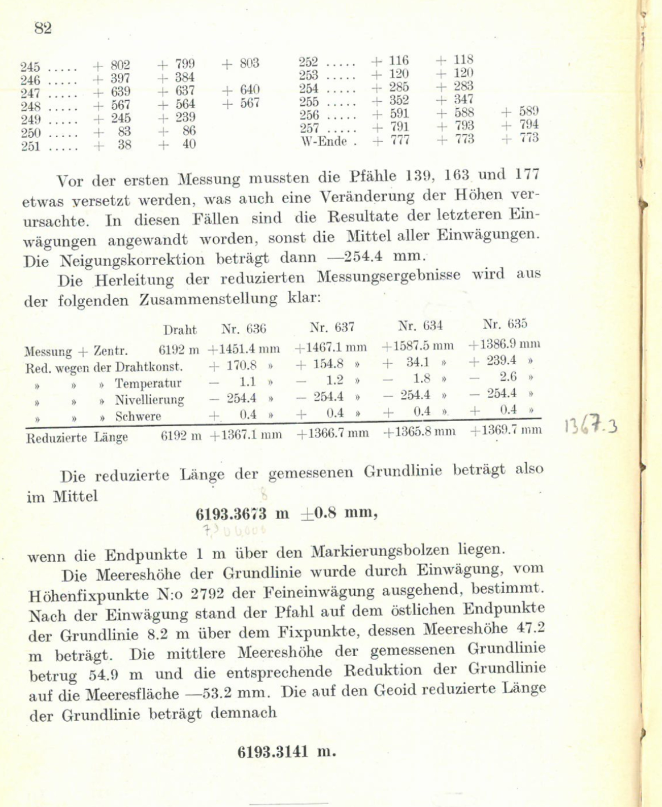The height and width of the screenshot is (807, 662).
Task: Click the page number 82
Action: pyautogui.click(x=43, y=28)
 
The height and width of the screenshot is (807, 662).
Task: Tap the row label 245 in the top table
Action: pyautogui.click(x=30, y=66)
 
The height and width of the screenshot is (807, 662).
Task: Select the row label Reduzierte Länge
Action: pyautogui.click(x=77, y=438)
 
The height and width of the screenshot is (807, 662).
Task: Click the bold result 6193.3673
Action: pyautogui.click(x=231, y=514)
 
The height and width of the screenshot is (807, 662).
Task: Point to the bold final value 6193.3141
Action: pyautogui.click(x=273, y=752)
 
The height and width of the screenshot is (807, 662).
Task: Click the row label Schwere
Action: pyautogui.click(x=138, y=416)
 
